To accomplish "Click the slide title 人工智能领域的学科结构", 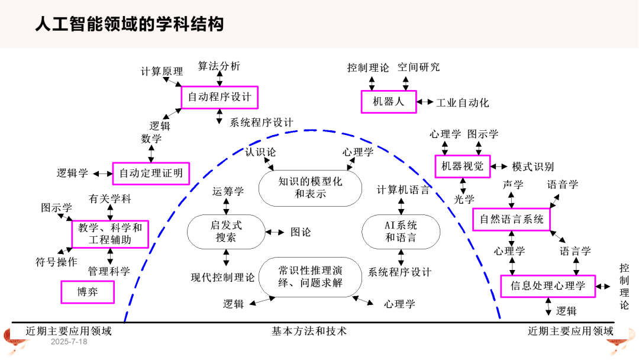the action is pyautogui.click(x=129, y=24).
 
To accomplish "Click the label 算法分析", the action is pyautogui.click(x=220, y=66).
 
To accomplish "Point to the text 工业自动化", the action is pyautogui.click(x=463, y=103).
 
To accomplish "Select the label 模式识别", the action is pyautogui.click(x=533, y=167).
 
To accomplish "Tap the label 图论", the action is pyautogui.click(x=301, y=232).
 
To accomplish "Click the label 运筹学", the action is pyautogui.click(x=228, y=191).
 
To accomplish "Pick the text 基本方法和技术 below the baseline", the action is pyautogui.click(x=309, y=331).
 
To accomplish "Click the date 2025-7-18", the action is pyautogui.click(x=69, y=342).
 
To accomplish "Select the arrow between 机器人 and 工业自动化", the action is pyautogui.click(x=425, y=102).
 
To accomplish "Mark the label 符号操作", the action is pyautogui.click(x=56, y=262).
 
